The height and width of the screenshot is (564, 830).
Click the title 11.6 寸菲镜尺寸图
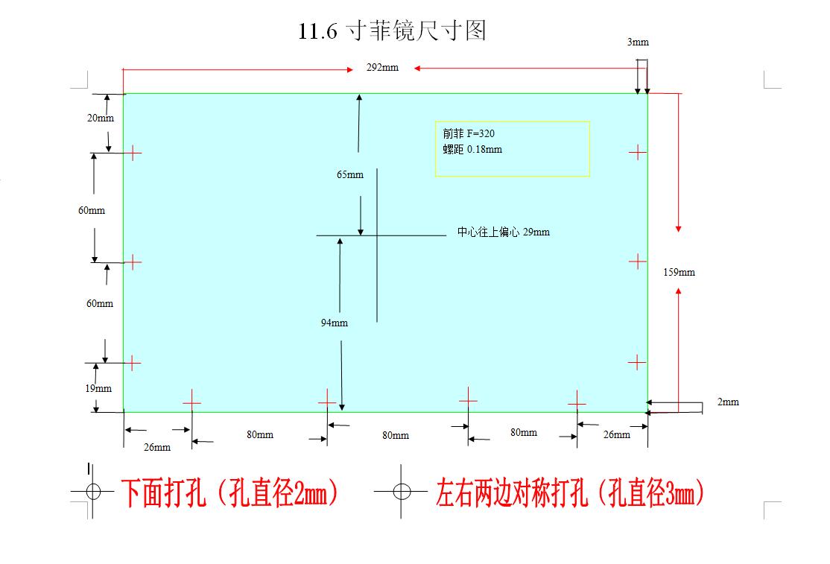coord(392,30)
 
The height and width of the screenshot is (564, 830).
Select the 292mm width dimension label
coord(382,67)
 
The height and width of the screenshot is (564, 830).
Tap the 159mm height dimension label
coord(679,272)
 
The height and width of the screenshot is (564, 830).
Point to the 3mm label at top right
coord(638,42)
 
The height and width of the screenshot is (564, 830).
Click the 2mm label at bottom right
coord(728,402)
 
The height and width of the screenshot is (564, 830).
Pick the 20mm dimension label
coord(101,118)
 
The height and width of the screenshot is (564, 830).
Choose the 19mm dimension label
coord(98,388)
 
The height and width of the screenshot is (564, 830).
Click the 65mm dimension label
coord(350,174)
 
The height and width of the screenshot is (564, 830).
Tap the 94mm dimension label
coord(334,323)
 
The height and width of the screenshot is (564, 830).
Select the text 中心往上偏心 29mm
coord(504,232)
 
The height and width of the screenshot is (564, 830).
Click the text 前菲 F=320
coord(469,133)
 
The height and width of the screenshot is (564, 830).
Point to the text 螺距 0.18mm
coord(472,149)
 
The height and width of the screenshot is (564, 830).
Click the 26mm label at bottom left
coord(157,447)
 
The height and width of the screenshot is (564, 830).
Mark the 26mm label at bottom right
coord(617,434)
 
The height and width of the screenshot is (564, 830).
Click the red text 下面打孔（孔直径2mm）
coord(229,492)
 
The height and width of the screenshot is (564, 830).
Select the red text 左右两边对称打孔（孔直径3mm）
coord(570,492)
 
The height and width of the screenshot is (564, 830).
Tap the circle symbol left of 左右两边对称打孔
coord(402,492)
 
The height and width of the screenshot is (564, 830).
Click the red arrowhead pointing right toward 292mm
coord(350,69)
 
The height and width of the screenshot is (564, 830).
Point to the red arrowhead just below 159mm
coord(678,291)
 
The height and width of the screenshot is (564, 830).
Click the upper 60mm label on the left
coord(92,210)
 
